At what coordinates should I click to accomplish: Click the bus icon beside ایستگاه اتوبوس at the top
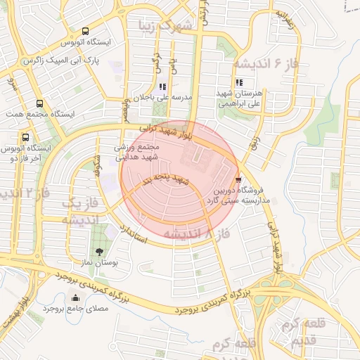(85, 32)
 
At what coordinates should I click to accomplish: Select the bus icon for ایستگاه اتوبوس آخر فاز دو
(26, 137)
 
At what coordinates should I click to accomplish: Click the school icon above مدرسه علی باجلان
(163, 86)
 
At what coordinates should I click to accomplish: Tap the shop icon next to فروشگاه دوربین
(239, 180)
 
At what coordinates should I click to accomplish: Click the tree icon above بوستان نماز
(98, 251)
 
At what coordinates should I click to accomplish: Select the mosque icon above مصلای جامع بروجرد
(75, 298)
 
